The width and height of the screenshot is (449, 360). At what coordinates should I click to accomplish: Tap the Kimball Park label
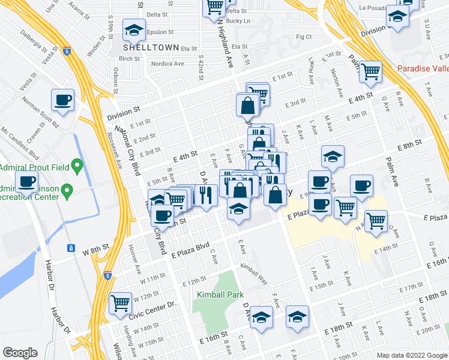(212, 295)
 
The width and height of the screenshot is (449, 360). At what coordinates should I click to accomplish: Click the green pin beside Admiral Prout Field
(76, 164)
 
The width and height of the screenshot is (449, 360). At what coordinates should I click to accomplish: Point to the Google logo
(19, 353)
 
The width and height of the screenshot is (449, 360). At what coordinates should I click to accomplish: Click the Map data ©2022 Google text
(411, 355)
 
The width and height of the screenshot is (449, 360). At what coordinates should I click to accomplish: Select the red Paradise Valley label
(423, 68)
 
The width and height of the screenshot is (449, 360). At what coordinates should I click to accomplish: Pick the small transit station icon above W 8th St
(70, 247)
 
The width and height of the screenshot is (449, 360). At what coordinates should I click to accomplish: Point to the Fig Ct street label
(304, 37)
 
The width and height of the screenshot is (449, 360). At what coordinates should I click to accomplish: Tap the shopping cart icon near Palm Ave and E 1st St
(371, 71)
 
